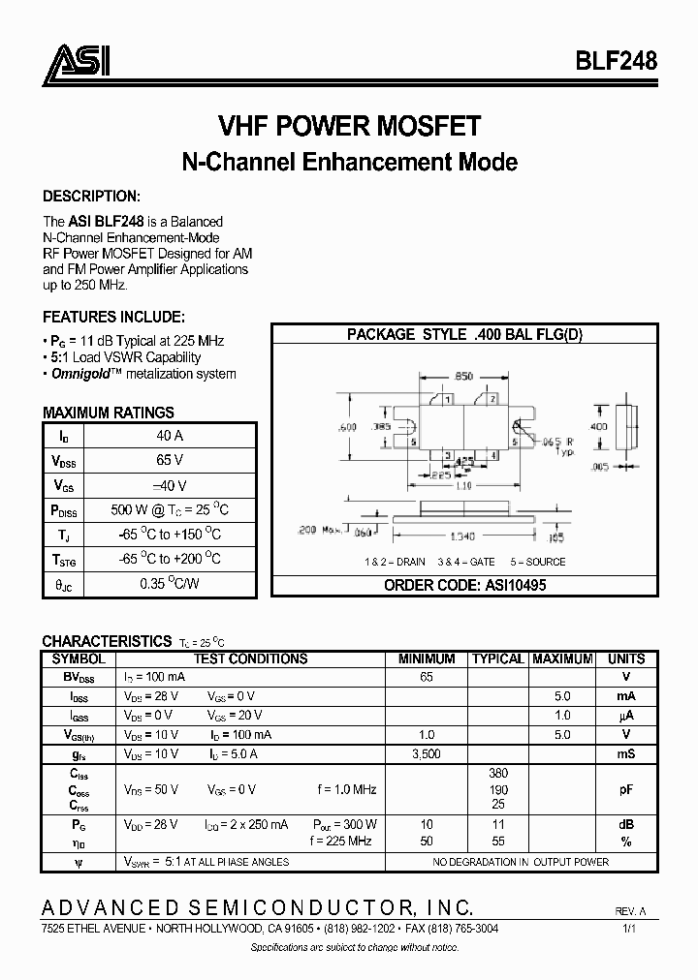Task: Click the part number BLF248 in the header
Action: point(617,61)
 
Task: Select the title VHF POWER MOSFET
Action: point(349,127)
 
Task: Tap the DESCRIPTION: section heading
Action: point(92,195)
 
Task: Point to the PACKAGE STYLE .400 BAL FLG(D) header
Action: point(464,335)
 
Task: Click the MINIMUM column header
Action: point(427,658)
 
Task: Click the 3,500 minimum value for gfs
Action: point(427,752)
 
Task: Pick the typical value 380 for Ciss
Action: point(498,773)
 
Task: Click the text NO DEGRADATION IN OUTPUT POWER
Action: point(521,861)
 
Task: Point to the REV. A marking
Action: point(631,912)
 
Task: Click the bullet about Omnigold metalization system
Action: point(142,374)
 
